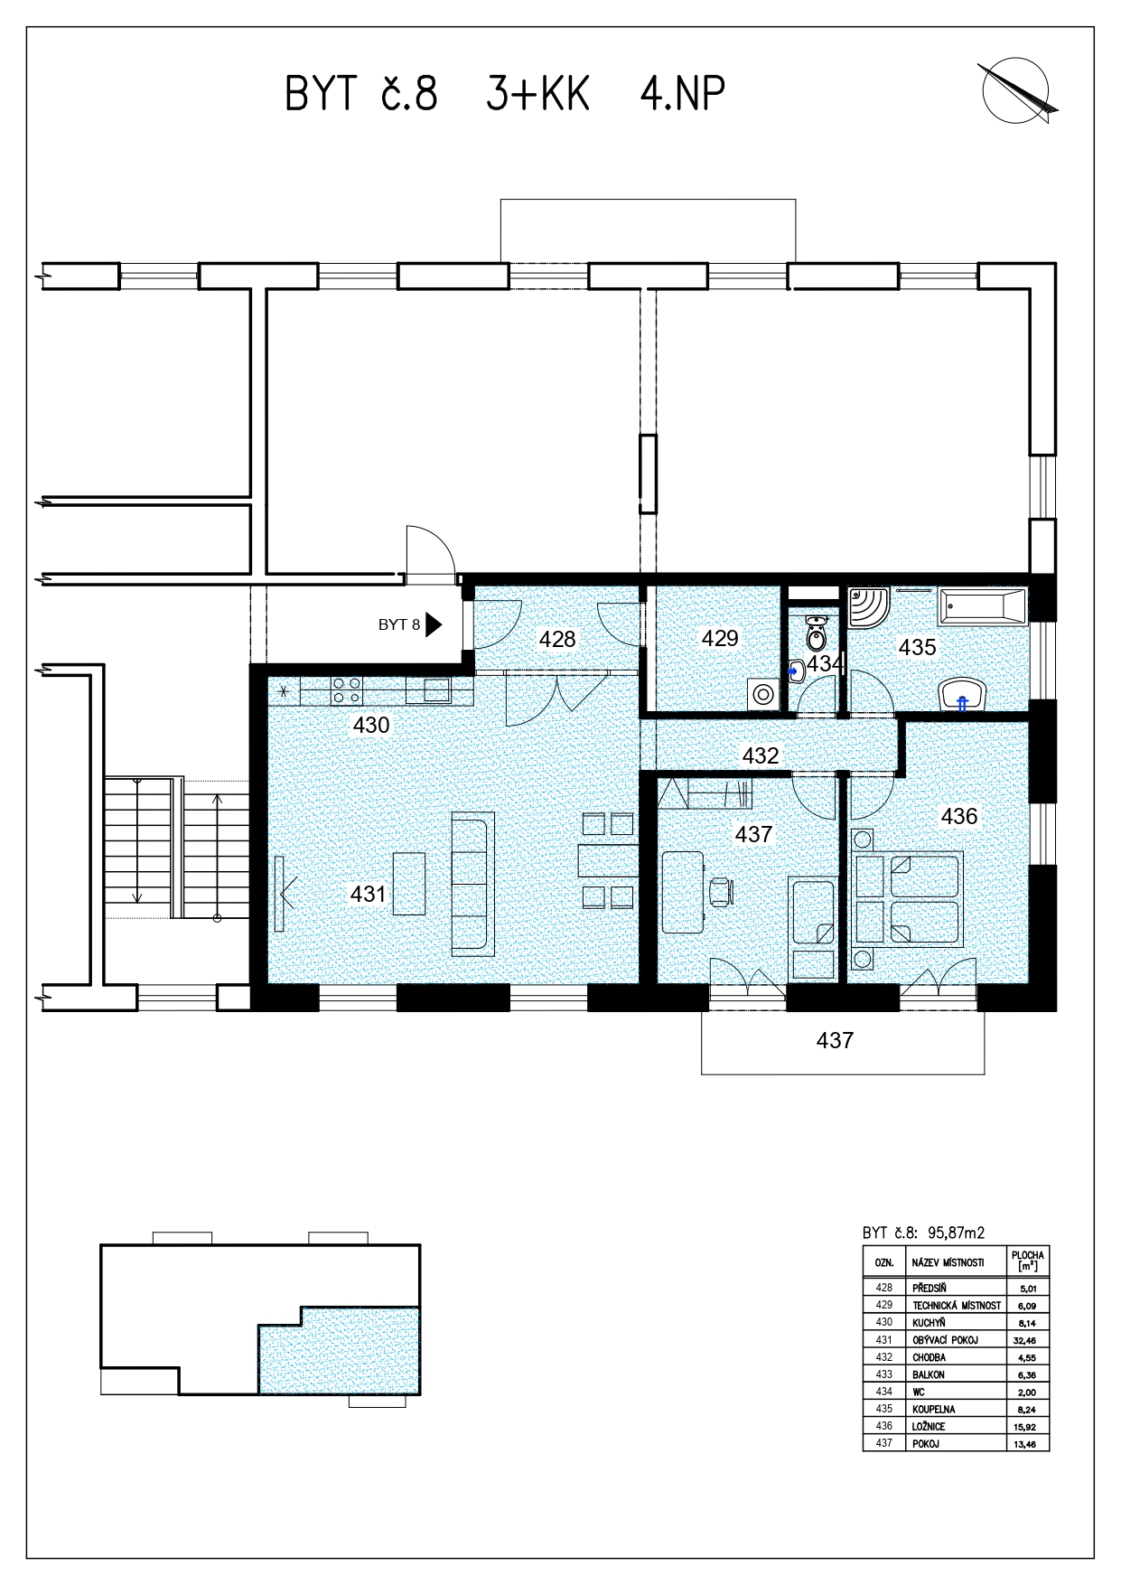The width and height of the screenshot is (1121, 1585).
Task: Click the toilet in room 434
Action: [816, 632]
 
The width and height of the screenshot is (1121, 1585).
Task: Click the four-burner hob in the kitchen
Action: [347, 691]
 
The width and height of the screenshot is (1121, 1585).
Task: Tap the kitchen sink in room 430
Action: [437, 690]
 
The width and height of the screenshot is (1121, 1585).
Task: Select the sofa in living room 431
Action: [473, 883]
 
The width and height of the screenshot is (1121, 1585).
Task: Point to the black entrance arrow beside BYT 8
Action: [434, 624]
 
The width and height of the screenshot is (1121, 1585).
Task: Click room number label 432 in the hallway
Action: [761, 755]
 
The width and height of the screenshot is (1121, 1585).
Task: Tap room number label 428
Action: [557, 640]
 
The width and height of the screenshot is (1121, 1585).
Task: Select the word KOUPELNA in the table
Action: [933, 1409]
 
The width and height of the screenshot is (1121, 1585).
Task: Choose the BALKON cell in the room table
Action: [929, 1374]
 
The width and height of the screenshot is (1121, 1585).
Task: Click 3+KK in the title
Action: [538, 93]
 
